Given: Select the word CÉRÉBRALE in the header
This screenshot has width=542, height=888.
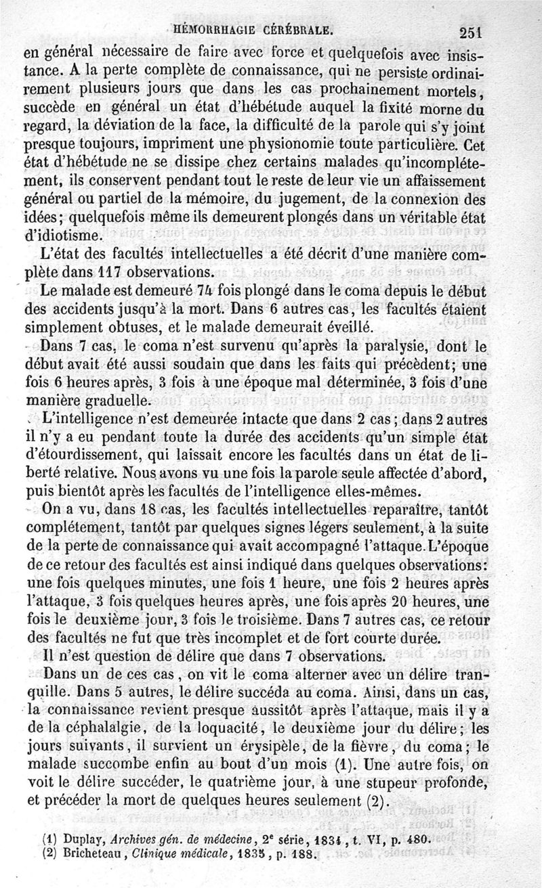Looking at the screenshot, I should coord(298,30).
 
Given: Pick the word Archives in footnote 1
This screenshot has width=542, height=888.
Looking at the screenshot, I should coord(133,838).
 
